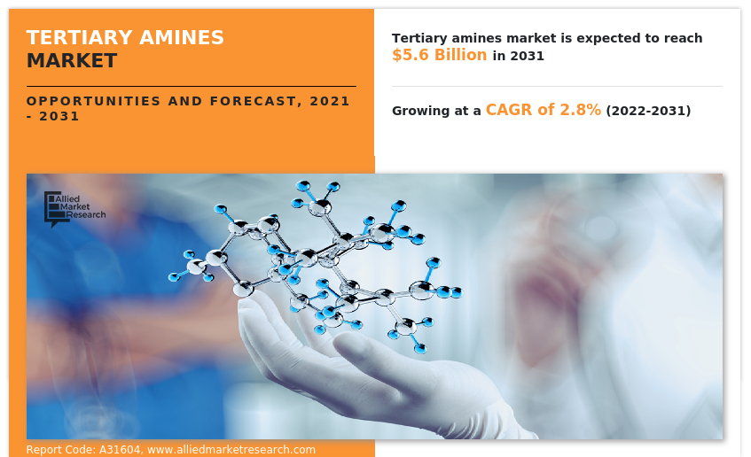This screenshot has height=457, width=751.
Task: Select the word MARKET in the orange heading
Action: (72, 61)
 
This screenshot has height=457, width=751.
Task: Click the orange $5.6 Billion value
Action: (439, 55)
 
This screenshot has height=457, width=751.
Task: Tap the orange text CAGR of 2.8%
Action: (543, 111)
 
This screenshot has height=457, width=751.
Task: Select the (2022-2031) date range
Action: (648, 112)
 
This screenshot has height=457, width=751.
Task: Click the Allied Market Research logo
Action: (74, 208)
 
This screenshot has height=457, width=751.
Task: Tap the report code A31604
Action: (116, 450)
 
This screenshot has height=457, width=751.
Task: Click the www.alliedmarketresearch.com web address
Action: (231, 450)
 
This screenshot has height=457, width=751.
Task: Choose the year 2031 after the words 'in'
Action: (527, 56)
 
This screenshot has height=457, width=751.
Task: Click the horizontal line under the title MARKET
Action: (191, 86)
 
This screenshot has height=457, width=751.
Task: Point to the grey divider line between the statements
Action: (557, 86)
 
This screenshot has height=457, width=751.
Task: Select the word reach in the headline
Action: (683, 38)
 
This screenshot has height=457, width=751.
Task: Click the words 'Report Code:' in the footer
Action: (60, 450)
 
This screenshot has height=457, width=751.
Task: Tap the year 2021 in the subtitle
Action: (330, 101)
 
